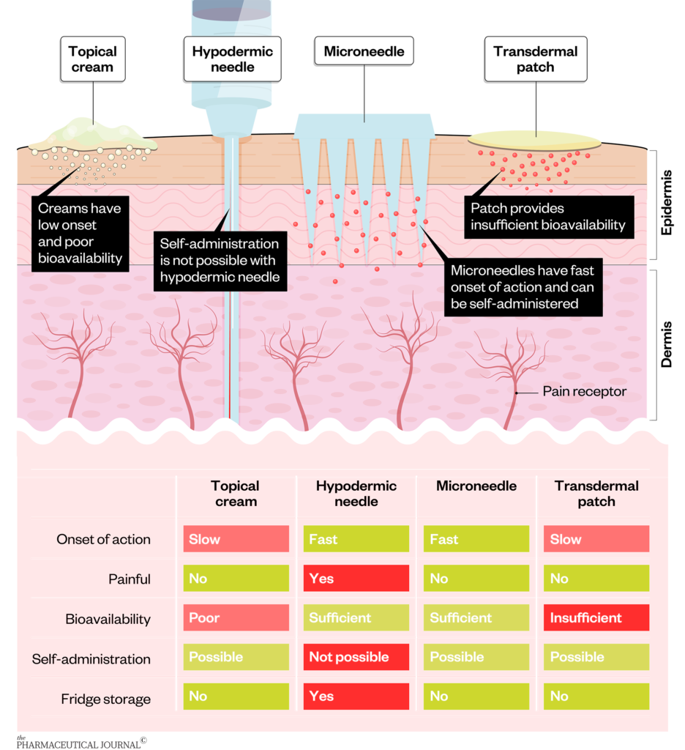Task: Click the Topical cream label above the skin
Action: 92,59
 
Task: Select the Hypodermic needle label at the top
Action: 232,59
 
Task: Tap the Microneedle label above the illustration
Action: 364,52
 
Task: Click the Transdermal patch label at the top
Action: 535,59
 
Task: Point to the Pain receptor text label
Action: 584,392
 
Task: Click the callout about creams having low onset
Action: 79,233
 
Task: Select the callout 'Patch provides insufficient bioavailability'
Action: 548,217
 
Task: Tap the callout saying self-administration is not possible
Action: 220,259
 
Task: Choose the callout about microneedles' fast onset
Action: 523,286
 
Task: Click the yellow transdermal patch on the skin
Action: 536,140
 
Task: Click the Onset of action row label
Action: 103,540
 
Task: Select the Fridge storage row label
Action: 105,699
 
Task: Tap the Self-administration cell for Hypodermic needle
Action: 356,658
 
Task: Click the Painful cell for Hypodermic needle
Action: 356,579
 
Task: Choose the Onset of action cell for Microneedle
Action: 476,540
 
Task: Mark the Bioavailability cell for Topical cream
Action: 235,618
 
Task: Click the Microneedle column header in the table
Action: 476,486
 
